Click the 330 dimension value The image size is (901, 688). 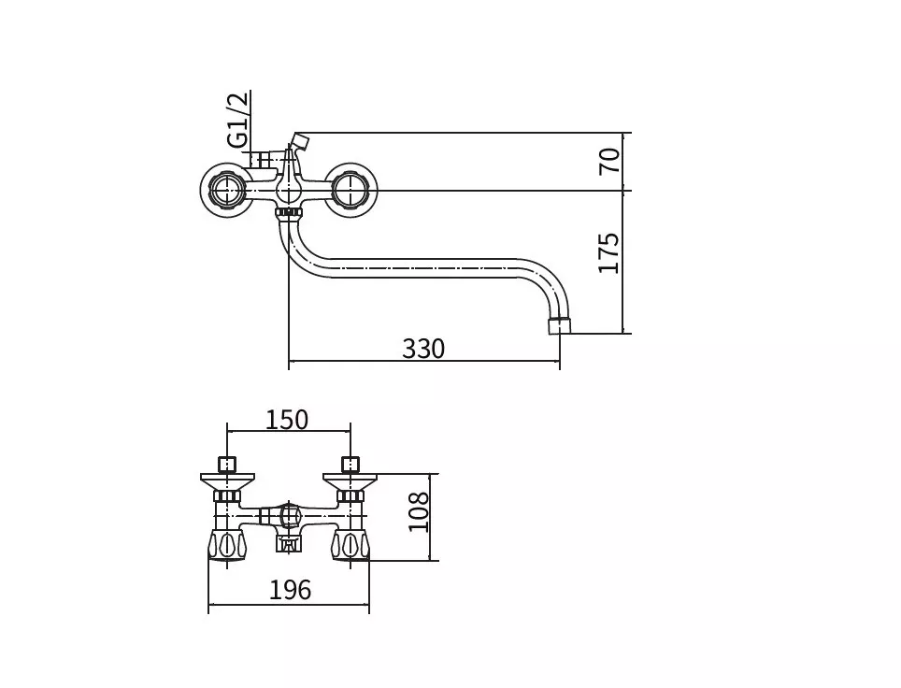422,349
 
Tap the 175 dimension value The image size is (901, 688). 609,253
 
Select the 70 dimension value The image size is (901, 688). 609,161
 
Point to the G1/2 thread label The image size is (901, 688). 238,120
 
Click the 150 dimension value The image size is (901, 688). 287,420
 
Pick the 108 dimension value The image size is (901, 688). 419,512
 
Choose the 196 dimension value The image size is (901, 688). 290,590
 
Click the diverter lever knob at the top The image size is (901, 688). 300,141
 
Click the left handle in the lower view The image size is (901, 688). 227,545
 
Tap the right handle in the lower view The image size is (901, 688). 350,545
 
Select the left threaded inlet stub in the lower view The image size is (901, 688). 227,465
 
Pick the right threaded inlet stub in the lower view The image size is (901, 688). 350,465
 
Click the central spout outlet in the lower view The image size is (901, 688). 289,542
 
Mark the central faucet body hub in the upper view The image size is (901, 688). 289,189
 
